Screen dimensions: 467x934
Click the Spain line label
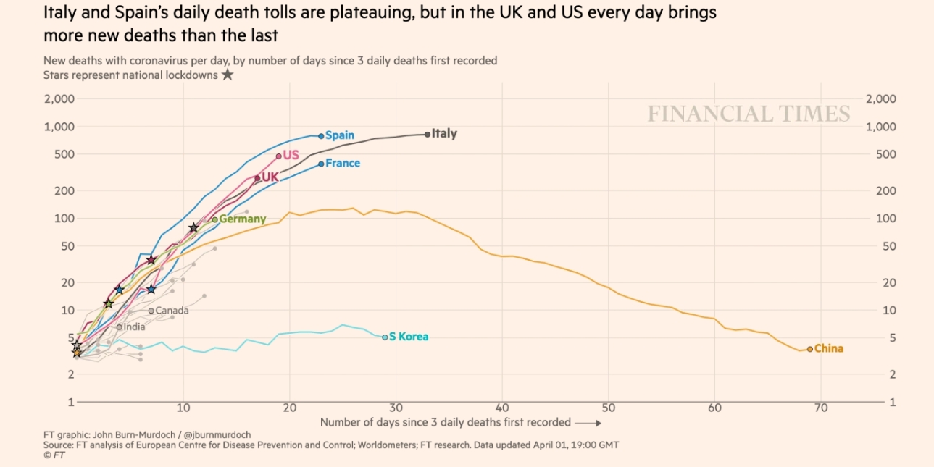(x=340, y=135)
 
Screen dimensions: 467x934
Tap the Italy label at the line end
(x=444, y=134)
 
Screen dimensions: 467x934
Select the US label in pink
(x=291, y=155)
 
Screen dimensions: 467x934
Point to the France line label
(x=343, y=164)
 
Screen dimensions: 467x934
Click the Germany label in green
(x=242, y=219)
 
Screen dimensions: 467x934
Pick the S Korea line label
(x=409, y=337)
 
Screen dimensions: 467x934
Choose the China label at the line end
(x=829, y=349)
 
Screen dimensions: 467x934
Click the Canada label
(x=172, y=311)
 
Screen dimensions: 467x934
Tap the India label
(x=134, y=327)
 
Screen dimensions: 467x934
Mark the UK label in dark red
(x=270, y=177)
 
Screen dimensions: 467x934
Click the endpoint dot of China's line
(x=810, y=349)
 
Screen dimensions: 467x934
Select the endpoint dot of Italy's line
(x=428, y=134)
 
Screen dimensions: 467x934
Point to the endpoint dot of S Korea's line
(x=385, y=337)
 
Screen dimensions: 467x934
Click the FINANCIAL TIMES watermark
(x=749, y=114)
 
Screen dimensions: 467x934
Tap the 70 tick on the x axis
(x=820, y=409)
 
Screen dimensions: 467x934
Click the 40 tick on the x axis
(x=502, y=409)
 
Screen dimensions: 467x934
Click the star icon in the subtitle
(x=228, y=75)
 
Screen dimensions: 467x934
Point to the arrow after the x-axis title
(x=589, y=422)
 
